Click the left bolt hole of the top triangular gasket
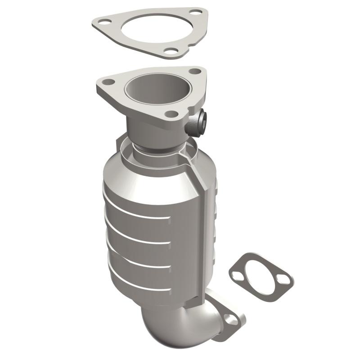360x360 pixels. (103, 21)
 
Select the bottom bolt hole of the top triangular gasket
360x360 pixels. (171, 51)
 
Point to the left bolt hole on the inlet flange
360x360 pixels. (108, 82)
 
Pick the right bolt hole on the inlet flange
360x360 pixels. (194, 71)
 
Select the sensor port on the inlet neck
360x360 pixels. (201, 121)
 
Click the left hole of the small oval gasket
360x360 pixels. (238, 275)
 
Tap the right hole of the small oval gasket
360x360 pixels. (283, 279)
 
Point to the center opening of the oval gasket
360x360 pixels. (260, 276)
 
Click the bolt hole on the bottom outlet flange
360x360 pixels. (231, 320)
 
